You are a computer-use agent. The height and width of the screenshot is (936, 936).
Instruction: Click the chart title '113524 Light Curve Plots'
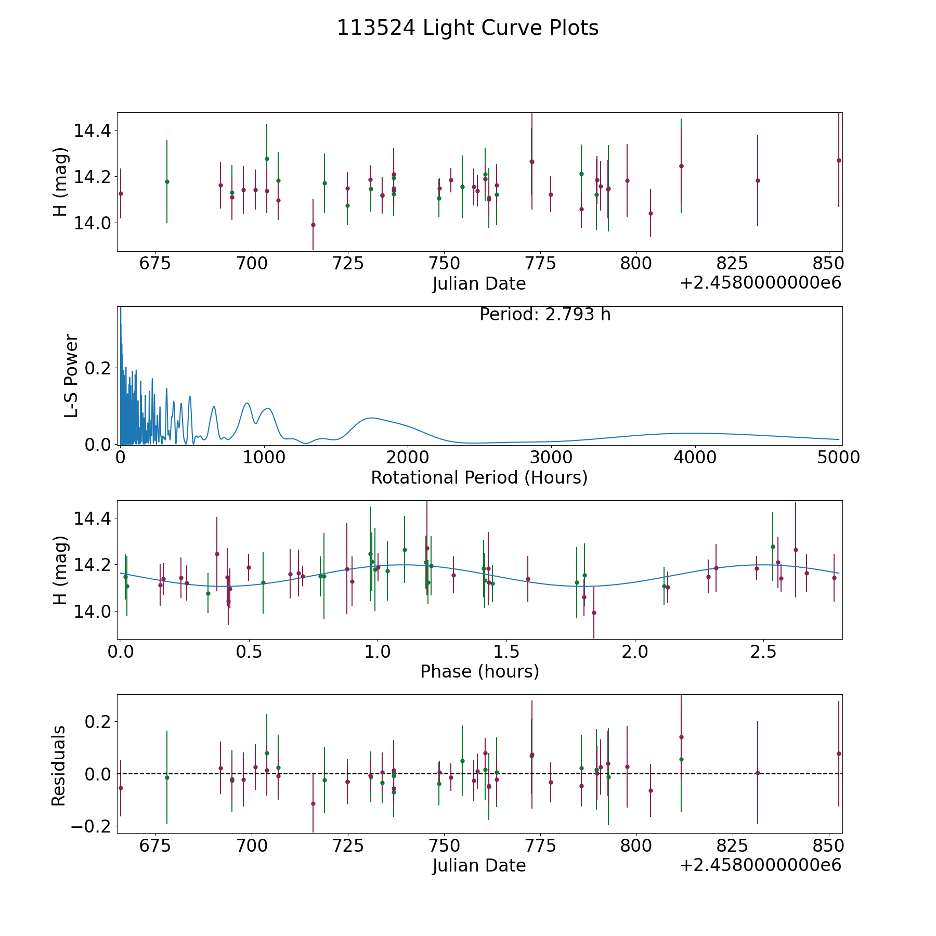coord(467,28)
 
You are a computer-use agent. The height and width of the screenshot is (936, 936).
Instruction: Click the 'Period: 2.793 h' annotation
coord(544,315)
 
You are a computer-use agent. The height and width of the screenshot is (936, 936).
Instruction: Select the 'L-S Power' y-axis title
coord(71,375)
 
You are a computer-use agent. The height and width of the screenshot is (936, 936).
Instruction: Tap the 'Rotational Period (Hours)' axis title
coord(479,477)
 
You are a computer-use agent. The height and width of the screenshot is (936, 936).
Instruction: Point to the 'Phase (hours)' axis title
coord(479,671)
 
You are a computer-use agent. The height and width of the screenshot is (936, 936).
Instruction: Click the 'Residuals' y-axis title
coord(58,765)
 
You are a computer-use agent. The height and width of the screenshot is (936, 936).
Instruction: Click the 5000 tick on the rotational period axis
coord(838,458)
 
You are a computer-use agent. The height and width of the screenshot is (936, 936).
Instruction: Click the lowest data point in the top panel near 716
coord(313,225)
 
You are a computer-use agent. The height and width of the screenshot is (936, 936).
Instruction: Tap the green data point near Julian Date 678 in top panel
coord(167,181)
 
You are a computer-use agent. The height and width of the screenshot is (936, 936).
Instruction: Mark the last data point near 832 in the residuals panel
coord(758,773)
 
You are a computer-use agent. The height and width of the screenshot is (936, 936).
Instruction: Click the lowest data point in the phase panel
coord(594,613)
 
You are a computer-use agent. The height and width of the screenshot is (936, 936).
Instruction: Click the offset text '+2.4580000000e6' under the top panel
coord(760,283)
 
